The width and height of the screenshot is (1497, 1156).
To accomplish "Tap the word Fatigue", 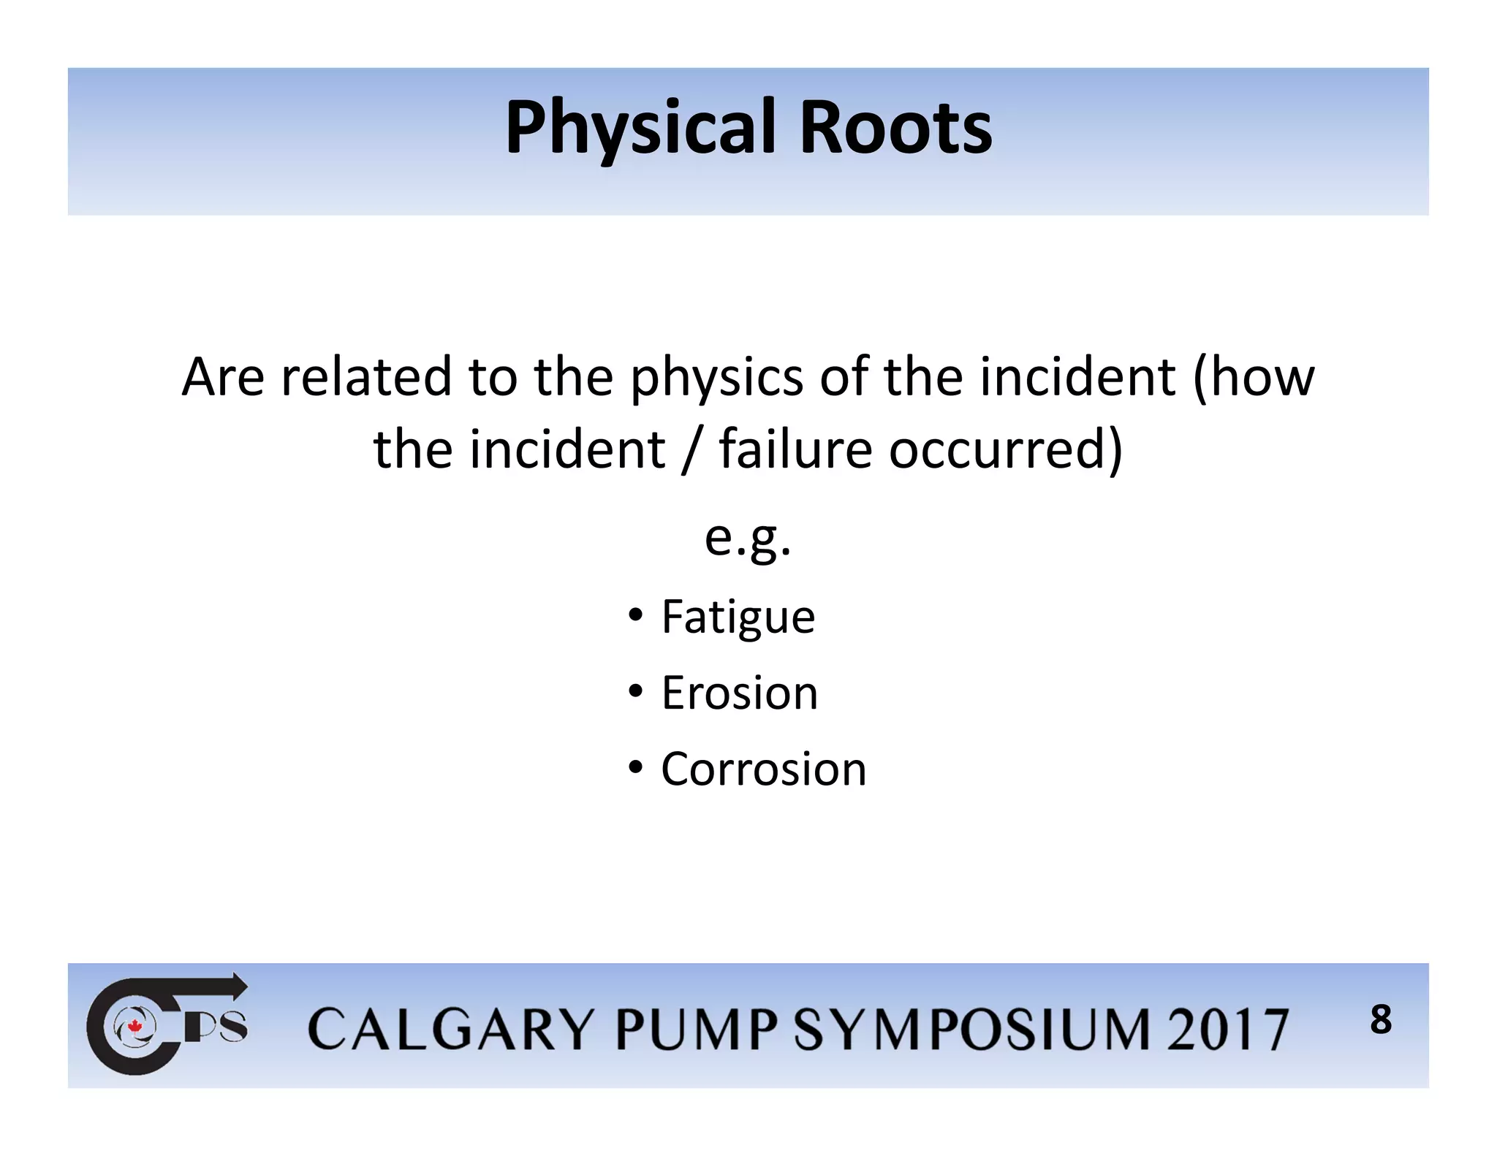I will [x=738, y=617].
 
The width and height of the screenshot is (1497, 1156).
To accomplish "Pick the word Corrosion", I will [x=763, y=769].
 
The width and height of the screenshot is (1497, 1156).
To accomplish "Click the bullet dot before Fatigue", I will [x=635, y=614].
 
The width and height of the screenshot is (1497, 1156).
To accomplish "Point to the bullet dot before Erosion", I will [x=635, y=690].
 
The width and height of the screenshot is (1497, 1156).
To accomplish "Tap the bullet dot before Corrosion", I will [x=635, y=767].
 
